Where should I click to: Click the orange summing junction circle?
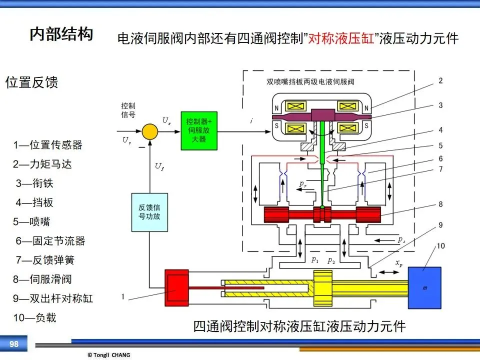tap(150, 131)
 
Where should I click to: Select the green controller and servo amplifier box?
tap(199, 130)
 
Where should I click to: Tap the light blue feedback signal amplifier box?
tap(149, 212)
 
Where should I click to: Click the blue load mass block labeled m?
tap(424, 288)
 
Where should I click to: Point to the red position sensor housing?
tap(176, 288)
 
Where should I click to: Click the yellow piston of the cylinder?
tap(323, 288)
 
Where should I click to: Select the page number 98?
tap(14, 344)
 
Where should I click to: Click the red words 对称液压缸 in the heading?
tap(340, 39)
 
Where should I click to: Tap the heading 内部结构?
tap(61, 33)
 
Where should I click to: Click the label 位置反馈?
tap(31, 82)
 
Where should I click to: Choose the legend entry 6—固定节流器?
tap(50, 241)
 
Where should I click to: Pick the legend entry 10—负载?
tap(34, 318)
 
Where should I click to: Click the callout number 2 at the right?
tap(440, 81)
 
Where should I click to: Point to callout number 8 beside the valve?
tap(440, 204)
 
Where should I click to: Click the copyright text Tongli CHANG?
tap(109, 355)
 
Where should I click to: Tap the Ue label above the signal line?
tap(166, 120)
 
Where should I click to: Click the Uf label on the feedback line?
tap(159, 166)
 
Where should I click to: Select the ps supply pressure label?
tap(401, 239)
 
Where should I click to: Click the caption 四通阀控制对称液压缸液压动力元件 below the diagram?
tap(299, 326)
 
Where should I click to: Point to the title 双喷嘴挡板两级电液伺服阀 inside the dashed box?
tap(310, 81)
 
